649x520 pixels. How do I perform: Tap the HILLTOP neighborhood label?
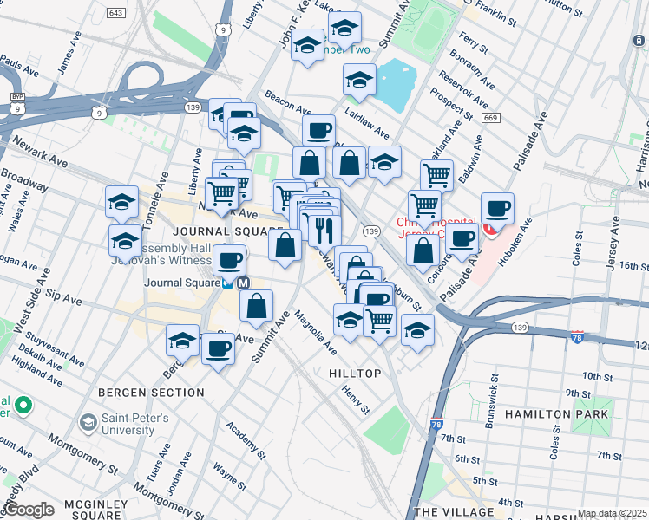[x=355, y=373]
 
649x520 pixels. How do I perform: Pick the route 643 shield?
[x=115, y=13]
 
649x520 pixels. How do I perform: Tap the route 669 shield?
[x=491, y=118]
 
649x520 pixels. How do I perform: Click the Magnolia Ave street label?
[x=316, y=332]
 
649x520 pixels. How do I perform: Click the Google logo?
[x=29, y=510]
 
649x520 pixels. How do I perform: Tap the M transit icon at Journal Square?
[x=244, y=282]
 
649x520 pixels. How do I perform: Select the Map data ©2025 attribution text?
[x=613, y=513]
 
